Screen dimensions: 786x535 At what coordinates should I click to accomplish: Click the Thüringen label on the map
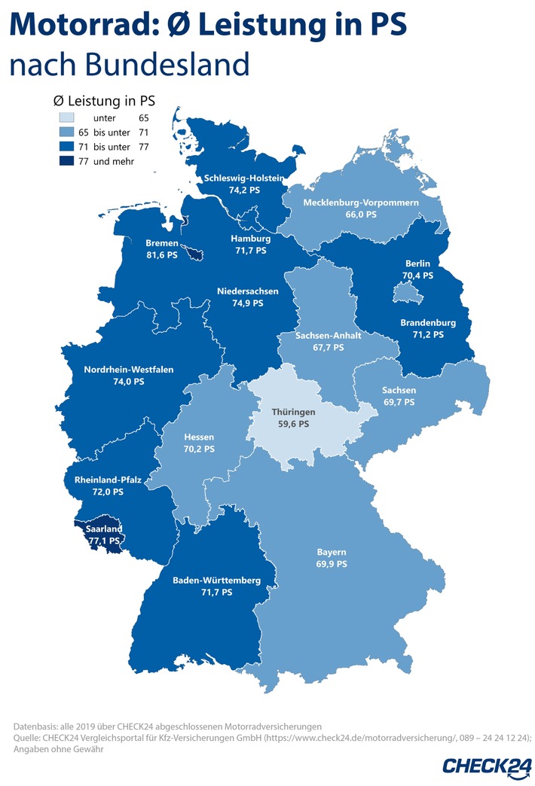(x=293, y=413)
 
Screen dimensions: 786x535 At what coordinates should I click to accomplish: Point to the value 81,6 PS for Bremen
(x=162, y=255)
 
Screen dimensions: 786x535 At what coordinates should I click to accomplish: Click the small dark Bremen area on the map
(x=194, y=254)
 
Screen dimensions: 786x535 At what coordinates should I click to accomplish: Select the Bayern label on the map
(x=332, y=551)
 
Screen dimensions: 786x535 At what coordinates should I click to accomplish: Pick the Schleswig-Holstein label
(x=234, y=178)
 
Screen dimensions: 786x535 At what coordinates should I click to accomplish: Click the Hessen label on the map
(x=199, y=437)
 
